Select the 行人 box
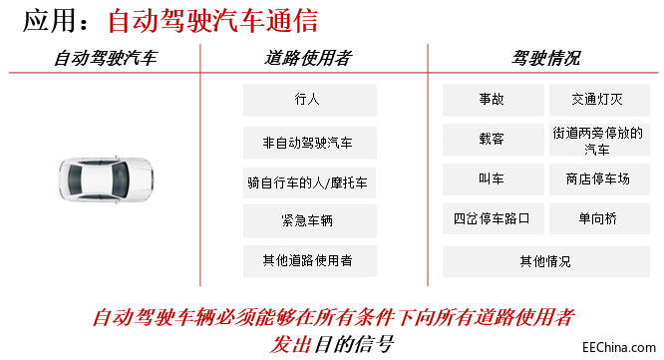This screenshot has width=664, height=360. (x=309, y=100)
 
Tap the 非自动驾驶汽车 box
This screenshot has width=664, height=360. (x=309, y=142)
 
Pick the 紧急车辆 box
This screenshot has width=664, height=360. (x=309, y=221)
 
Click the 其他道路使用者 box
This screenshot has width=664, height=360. (x=309, y=261)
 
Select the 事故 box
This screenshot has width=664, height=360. (x=492, y=100)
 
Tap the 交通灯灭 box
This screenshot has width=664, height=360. (x=598, y=100)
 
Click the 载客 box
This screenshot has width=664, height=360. (x=492, y=140)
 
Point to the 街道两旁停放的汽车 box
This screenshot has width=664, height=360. (x=598, y=140)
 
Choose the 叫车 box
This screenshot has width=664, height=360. (x=492, y=180)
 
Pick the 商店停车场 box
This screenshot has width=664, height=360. (x=598, y=180)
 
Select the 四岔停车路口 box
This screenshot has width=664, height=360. (x=492, y=218)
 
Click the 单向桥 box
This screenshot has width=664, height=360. (x=598, y=218)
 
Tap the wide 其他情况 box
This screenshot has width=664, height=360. (x=545, y=261)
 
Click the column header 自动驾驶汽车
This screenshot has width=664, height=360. (x=105, y=59)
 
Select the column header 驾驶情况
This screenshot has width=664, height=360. (x=545, y=59)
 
